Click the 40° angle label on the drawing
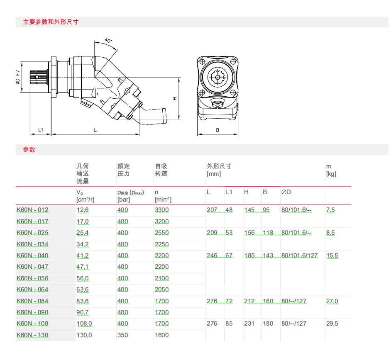pos(108,40)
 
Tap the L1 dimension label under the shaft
pos(41,130)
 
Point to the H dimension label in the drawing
pos(175,99)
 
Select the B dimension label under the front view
pos(217,130)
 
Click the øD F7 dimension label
pos(18,77)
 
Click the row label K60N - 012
pos(32,210)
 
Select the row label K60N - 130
pos(32,335)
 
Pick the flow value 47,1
pos(82,267)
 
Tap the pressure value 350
pos(123,335)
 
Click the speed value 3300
pos(161,210)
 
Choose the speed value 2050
pos(161,289)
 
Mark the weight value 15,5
pos(332,255)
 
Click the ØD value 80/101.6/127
pos(300,255)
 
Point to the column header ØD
pos(286,192)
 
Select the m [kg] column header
pos(331,170)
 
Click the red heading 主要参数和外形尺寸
pos(51,22)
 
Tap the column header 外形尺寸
pos(219,166)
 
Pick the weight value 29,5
pos(332,324)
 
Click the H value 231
pos(249,324)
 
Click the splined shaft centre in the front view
pos(217,77)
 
